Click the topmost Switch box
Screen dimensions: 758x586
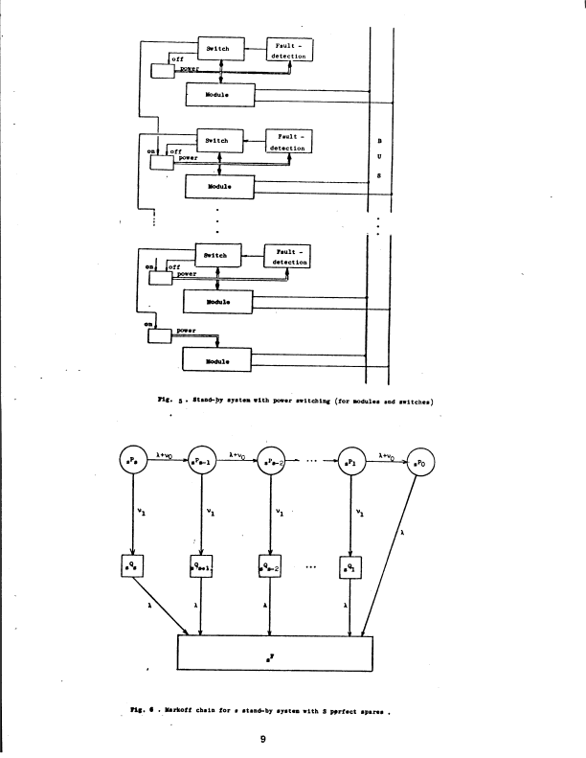click(220, 48)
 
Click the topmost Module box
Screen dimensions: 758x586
click(219, 94)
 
